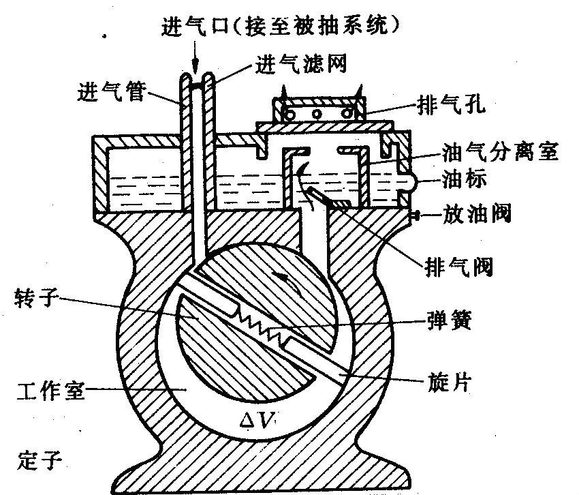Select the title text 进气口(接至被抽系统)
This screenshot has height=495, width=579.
point(279,25)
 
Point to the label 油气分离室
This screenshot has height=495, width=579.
point(501,151)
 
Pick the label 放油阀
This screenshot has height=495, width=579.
point(476,214)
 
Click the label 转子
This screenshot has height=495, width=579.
point(35,297)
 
